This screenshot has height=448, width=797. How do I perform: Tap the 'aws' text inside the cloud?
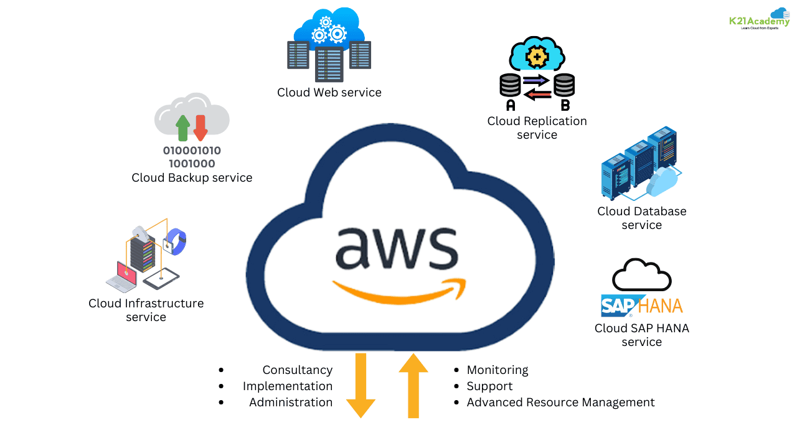397,246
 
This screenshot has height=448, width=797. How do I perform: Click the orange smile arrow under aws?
399,292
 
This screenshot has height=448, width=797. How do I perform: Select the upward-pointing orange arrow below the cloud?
413,385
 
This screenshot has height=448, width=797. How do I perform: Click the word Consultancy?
297,370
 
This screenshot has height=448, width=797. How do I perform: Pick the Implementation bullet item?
287,386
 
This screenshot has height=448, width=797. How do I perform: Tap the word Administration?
290,403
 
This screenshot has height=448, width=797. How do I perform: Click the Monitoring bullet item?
497,370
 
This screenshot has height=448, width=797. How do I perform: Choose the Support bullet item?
489,386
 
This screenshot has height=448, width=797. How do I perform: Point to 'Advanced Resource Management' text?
560,403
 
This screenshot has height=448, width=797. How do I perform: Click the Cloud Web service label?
329,93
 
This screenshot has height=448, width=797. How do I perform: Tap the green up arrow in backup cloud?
183,128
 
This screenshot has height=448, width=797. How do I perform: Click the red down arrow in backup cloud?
200,128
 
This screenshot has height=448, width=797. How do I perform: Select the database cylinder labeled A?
510,85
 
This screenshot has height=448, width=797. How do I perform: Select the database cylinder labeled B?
564,85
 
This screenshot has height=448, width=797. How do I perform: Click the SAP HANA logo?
641,306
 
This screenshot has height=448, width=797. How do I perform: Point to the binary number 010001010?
192,151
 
